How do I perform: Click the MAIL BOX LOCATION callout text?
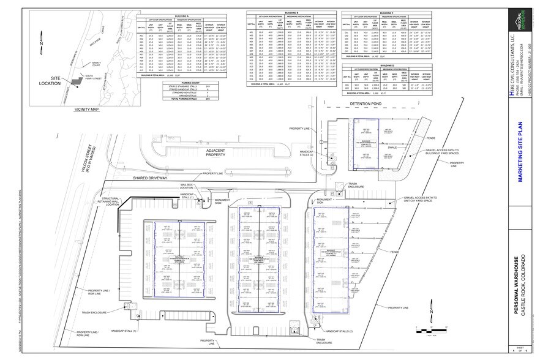(x=187, y=186)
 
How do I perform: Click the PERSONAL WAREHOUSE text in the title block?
(x=516, y=285)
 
